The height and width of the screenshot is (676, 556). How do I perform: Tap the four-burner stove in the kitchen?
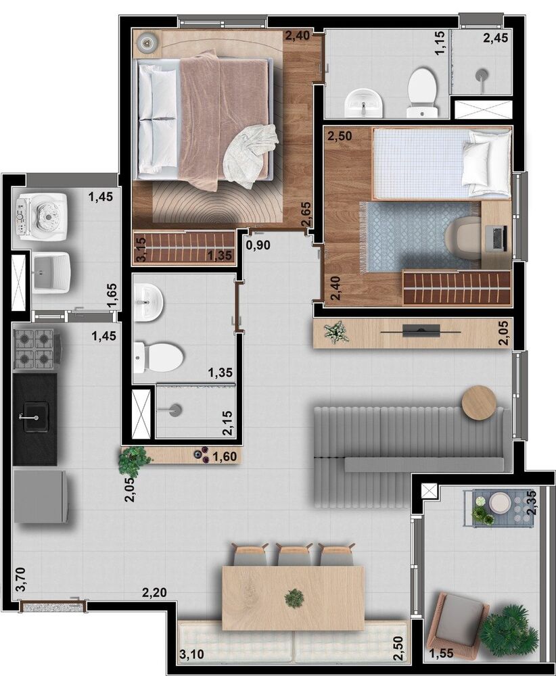tap(35, 349)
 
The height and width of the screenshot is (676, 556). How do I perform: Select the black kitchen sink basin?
tap(36, 416)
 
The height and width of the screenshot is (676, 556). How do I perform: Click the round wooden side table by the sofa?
tap(479, 402)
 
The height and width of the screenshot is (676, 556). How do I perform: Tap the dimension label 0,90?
tap(258, 245)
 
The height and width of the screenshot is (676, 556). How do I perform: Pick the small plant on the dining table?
tap(294, 598)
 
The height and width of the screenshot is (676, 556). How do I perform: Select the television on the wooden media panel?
tap(421, 331)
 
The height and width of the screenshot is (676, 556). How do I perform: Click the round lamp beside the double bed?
tap(148, 42)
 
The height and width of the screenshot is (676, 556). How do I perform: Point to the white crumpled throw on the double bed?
tap(250, 154)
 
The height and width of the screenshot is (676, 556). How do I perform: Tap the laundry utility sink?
tap(51, 272)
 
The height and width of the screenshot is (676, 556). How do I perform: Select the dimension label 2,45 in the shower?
tap(495, 39)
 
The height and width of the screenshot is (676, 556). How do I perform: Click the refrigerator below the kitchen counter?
tap(40, 496)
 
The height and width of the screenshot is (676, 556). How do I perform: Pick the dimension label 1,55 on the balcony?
tap(441, 653)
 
